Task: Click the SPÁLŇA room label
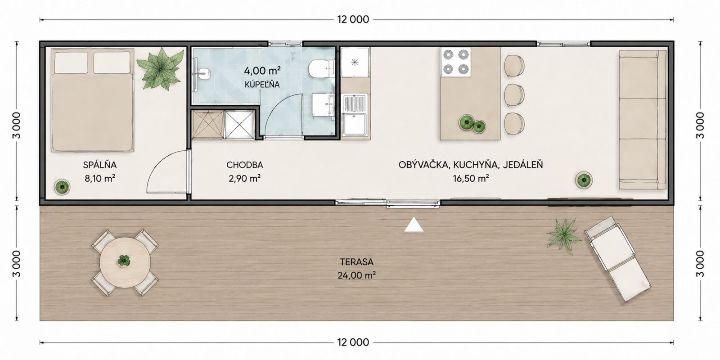coord(99,165)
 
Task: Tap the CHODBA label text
coord(245,165)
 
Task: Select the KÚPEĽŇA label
coord(262,85)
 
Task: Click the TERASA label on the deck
coord(357,262)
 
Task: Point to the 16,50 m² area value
coord(471,178)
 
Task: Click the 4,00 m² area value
coord(262,70)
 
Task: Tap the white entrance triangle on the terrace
coord(414,225)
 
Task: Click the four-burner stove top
coord(455,62)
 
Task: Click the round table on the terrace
coord(125,262)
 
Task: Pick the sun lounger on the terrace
coord(617,259)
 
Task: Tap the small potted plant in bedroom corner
coord(62,187)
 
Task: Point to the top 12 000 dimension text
coord(353,20)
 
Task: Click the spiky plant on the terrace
coord(564,237)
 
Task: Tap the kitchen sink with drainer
coord(355,115)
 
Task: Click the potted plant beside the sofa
coord(584,180)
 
